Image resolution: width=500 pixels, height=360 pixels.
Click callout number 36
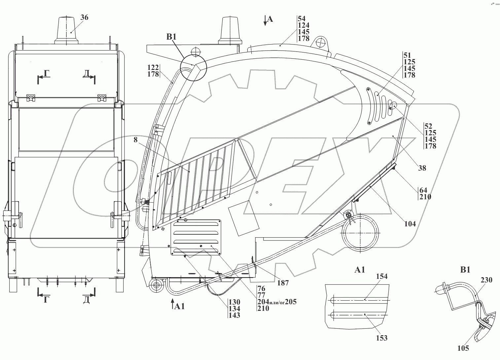point(85,17)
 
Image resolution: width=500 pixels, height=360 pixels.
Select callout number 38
point(422,168)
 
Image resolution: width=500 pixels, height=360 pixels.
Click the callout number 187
point(283,283)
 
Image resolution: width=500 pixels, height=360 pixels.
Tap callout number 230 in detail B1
point(486,280)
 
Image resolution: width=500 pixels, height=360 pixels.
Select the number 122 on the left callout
point(153,67)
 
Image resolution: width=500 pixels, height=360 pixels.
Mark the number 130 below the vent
point(234,302)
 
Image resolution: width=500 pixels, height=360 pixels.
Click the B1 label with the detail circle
point(171,37)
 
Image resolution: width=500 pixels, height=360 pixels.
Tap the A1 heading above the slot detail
point(360,270)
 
